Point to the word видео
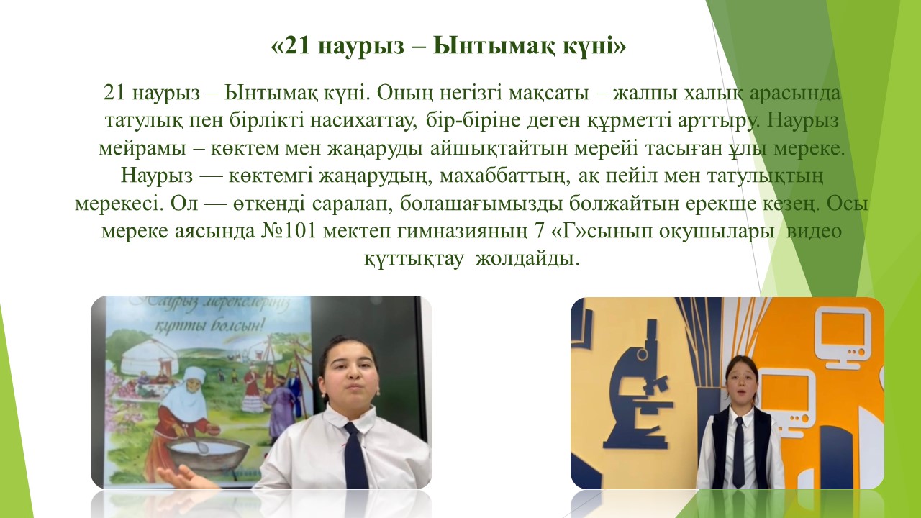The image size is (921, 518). pos(814,231)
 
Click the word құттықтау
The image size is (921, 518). pos(414,260)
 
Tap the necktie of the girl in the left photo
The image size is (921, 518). pos(355,455)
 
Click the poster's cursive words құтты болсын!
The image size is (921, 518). pos(209,327)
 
